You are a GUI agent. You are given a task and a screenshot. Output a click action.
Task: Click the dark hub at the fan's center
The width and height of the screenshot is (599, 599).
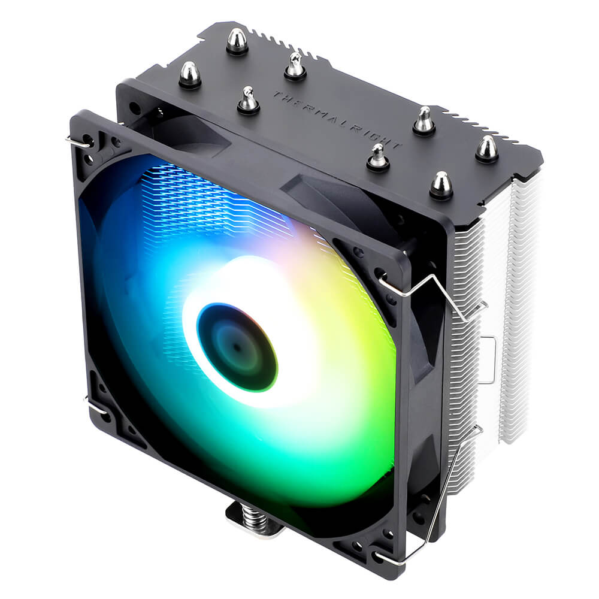tap(237, 347)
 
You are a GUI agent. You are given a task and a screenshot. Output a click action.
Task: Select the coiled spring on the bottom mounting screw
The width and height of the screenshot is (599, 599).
tap(252, 519)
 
